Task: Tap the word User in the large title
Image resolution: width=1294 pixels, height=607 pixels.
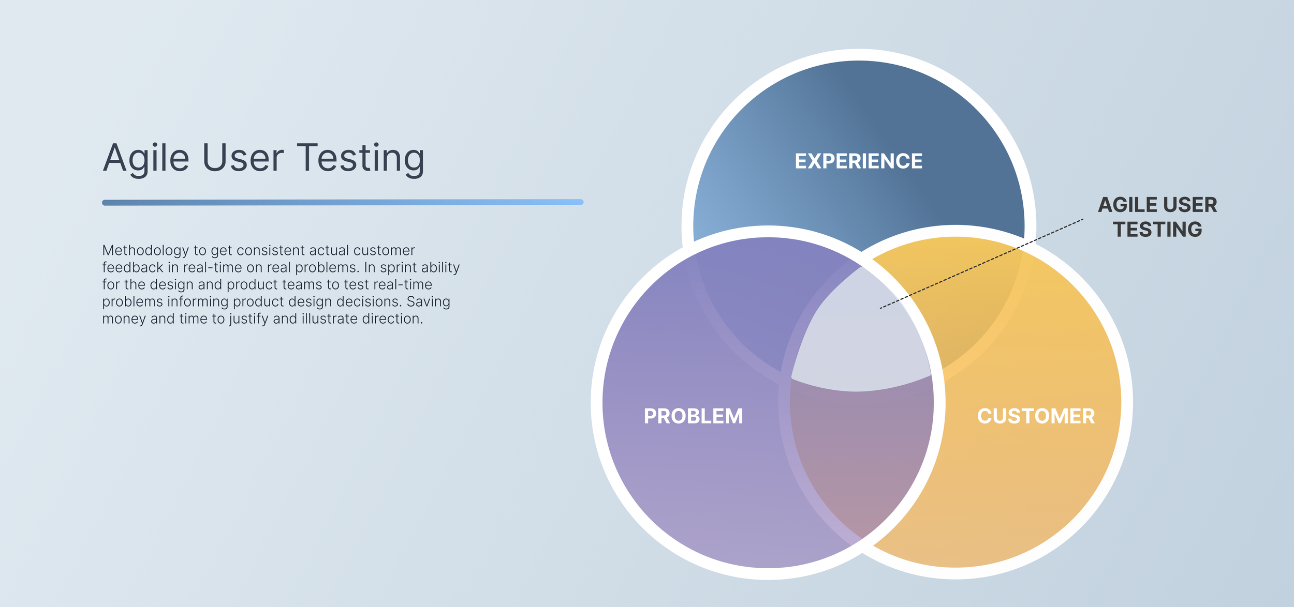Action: (x=242, y=158)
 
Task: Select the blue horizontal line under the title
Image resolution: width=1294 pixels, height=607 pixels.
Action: (x=343, y=202)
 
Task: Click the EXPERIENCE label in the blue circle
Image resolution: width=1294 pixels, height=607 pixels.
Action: (x=858, y=161)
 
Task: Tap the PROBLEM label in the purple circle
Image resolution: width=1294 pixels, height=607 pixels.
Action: (x=693, y=416)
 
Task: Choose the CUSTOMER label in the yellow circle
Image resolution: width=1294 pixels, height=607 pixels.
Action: (x=1036, y=416)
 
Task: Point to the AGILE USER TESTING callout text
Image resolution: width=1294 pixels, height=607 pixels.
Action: (x=1157, y=217)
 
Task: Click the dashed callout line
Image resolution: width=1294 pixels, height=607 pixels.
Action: (x=983, y=264)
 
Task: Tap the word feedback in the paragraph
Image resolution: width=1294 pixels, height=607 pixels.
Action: (x=133, y=268)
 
